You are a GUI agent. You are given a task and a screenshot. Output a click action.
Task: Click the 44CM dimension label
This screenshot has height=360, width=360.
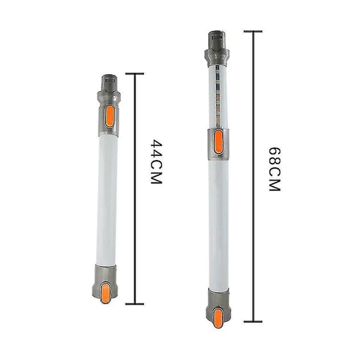tap(157, 161)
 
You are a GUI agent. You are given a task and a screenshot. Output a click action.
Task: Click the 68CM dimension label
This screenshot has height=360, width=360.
tap(275, 169)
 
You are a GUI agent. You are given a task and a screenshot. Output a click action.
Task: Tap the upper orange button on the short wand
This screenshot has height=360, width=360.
tap(110, 116)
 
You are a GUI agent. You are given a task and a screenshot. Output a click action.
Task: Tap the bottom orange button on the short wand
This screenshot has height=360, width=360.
tap(106, 293)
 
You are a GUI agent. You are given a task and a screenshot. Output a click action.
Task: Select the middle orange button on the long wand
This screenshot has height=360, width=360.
tap(218, 142)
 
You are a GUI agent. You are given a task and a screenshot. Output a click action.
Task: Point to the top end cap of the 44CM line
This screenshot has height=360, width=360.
tap(135, 74)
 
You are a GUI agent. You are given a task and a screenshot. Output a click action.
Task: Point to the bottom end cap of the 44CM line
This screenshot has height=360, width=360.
tap(135, 304)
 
